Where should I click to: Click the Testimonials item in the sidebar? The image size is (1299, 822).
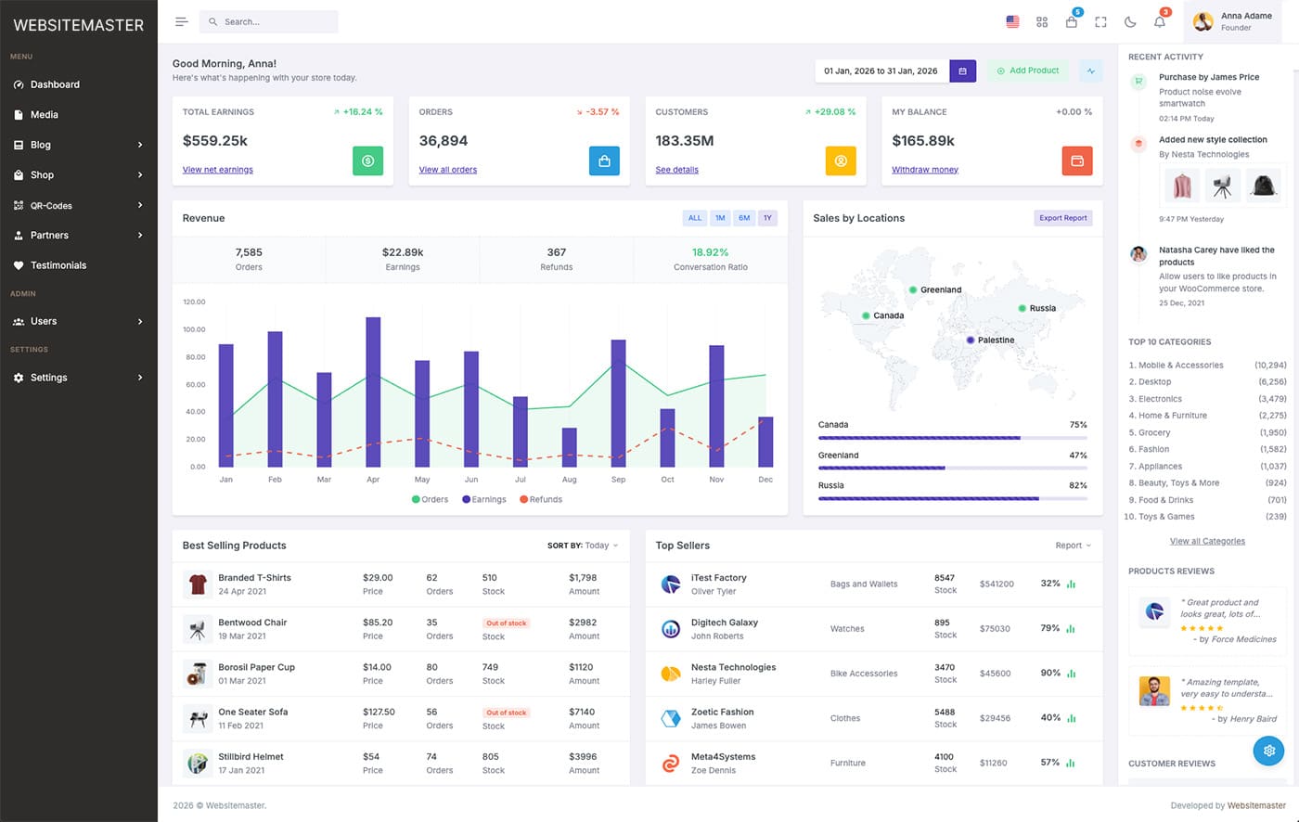point(58,265)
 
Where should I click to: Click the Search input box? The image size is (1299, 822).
point(269,21)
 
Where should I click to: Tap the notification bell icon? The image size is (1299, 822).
point(1159,22)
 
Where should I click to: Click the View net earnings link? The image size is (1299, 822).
point(217,170)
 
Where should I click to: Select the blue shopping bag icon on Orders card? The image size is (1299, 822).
point(604,161)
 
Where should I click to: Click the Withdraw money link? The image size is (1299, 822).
point(924,170)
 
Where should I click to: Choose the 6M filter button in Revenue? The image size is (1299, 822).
point(743,218)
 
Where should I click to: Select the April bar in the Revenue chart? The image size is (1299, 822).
point(373,392)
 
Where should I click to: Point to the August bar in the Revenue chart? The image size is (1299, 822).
point(569,447)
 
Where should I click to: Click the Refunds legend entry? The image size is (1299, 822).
point(541,499)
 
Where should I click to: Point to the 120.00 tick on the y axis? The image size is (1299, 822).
point(194,302)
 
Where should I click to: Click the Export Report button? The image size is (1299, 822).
point(1062,218)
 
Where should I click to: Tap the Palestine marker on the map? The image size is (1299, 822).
point(971,340)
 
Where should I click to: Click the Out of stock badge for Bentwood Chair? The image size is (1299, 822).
point(506,623)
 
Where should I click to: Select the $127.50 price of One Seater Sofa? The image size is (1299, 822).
point(379,712)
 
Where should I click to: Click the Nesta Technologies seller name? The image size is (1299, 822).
point(733,667)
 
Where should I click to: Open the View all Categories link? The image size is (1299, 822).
point(1207,541)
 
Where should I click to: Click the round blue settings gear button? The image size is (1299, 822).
point(1268,750)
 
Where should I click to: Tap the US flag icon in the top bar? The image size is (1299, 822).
point(1012,22)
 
